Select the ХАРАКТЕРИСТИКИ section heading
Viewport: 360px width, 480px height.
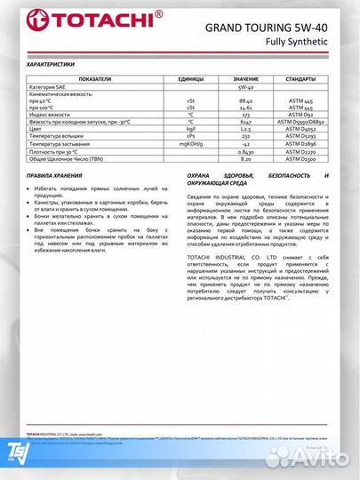tap(54, 64)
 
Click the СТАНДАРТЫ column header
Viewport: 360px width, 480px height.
tap(300, 78)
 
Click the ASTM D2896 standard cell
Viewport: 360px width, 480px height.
tap(300, 142)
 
